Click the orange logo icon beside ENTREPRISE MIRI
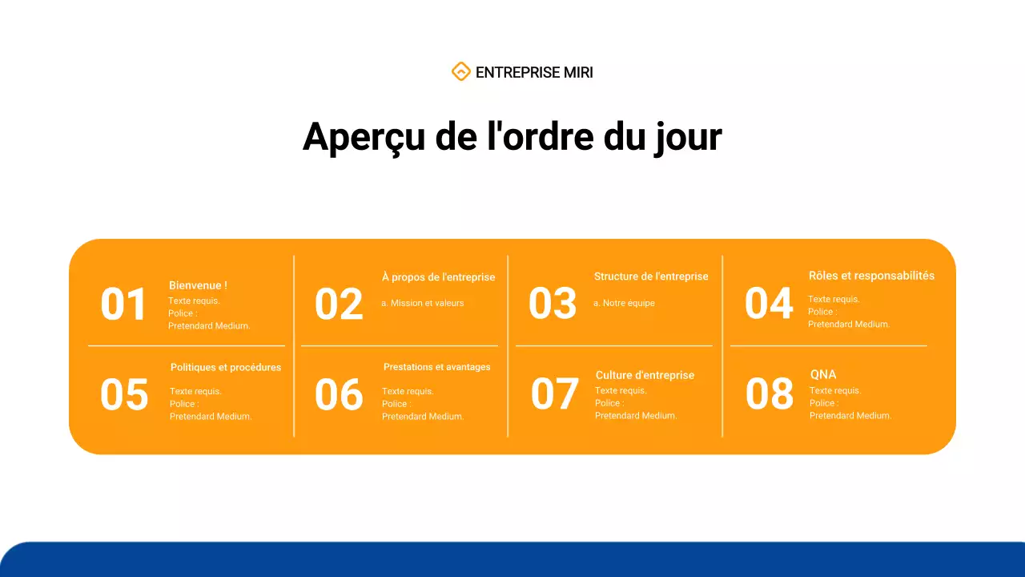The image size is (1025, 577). point(460,72)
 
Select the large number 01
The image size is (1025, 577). point(124,305)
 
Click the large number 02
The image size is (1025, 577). point(339,305)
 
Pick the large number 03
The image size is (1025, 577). point(553,304)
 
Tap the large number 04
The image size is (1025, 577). point(769,304)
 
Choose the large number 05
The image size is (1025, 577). point(124,395)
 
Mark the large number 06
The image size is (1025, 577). point(339,395)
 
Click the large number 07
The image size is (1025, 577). point(554,393)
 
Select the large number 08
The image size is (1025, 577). point(770,393)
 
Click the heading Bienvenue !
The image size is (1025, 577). point(198,285)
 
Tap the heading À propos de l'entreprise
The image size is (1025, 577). point(438,277)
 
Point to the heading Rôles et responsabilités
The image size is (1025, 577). point(871,276)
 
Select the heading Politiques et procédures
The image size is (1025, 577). point(226,368)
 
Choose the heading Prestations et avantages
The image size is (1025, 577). point(436,367)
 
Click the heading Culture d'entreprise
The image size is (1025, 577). point(645,375)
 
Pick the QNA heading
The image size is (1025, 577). point(823,374)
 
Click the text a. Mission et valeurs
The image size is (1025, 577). point(422,303)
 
